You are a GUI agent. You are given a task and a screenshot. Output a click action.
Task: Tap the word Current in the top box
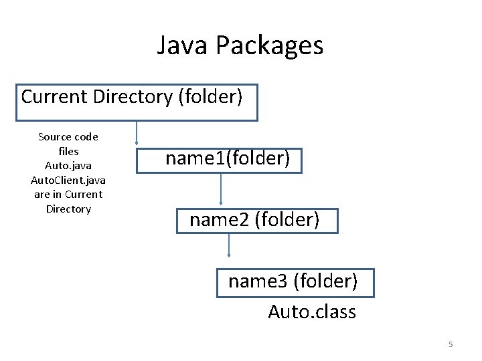(x=54, y=96)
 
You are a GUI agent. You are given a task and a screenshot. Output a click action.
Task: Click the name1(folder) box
(x=228, y=159)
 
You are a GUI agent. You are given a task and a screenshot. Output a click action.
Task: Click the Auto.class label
(x=312, y=312)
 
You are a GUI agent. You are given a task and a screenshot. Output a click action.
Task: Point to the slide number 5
(x=451, y=344)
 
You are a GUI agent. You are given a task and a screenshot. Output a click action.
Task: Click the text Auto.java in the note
(x=68, y=166)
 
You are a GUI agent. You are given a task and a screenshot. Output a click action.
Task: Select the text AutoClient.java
(x=68, y=180)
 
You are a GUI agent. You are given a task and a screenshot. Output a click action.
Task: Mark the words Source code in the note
(x=68, y=137)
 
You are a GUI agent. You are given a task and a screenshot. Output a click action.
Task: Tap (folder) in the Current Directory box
(x=210, y=97)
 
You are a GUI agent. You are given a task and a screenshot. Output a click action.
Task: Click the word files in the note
(x=68, y=151)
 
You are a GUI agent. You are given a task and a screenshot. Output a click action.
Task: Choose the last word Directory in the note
(x=68, y=209)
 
